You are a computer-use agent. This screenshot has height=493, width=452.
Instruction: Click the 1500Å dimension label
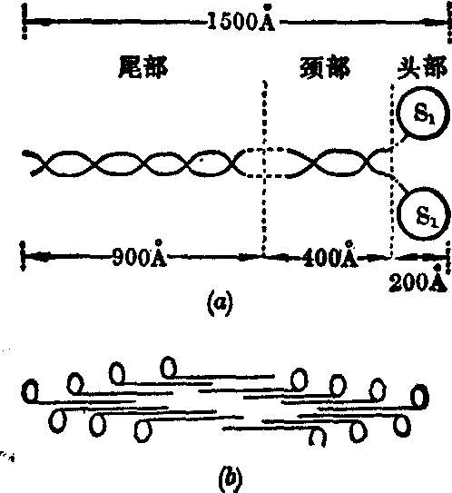click(x=241, y=19)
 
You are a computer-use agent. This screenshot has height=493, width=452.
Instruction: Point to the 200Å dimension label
click(x=418, y=281)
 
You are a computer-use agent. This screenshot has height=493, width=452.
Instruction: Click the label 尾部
click(x=143, y=67)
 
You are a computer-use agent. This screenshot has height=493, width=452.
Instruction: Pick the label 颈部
click(x=325, y=67)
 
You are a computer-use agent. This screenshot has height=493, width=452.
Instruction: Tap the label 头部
click(x=422, y=67)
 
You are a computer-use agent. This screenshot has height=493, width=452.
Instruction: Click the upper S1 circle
click(x=397, y=113)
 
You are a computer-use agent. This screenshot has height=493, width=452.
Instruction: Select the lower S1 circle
click(x=398, y=213)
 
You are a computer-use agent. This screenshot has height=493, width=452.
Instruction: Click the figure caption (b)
click(x=231, y=478)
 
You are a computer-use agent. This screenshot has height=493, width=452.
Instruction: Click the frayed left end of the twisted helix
click(x=33, y=163)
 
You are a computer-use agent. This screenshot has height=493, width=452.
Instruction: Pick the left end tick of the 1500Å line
click(x=25, y=22)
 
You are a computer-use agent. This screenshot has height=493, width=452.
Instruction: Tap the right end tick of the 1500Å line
click(x=449, y=22)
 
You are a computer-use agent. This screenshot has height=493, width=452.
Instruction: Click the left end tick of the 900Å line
click(x=23, y=256)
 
